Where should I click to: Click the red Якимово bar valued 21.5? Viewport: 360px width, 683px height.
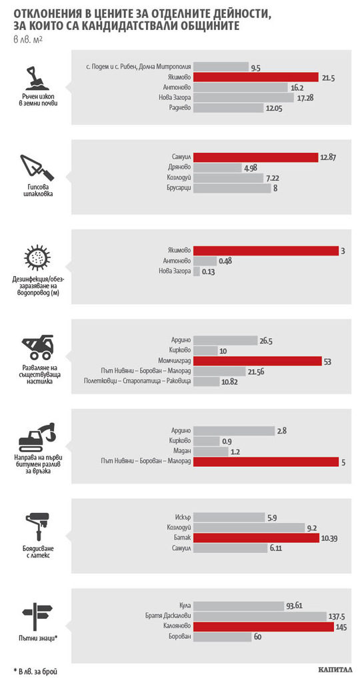[x=256, y=77]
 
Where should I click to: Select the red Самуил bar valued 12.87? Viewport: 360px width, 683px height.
[x=255, y=157]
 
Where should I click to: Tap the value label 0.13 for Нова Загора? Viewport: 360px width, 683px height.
[x=209, y=272]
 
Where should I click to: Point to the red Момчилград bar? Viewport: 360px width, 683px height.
[x=257, y=361]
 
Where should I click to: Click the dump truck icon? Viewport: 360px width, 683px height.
[x=37, y=347]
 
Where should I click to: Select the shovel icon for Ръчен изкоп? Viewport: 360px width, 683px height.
[x=37, y=77]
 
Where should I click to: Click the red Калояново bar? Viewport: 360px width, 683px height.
[x=263, y=627]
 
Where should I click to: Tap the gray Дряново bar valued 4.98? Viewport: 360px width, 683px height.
[x=217, y=167]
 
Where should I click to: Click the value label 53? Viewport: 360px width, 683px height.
[x=327, y=361]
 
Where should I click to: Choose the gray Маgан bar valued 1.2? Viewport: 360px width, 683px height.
[x=211, y=452]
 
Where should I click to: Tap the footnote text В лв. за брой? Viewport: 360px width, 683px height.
[x=35, y=671]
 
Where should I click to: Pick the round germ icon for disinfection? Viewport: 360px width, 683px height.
[x=37, y=257]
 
